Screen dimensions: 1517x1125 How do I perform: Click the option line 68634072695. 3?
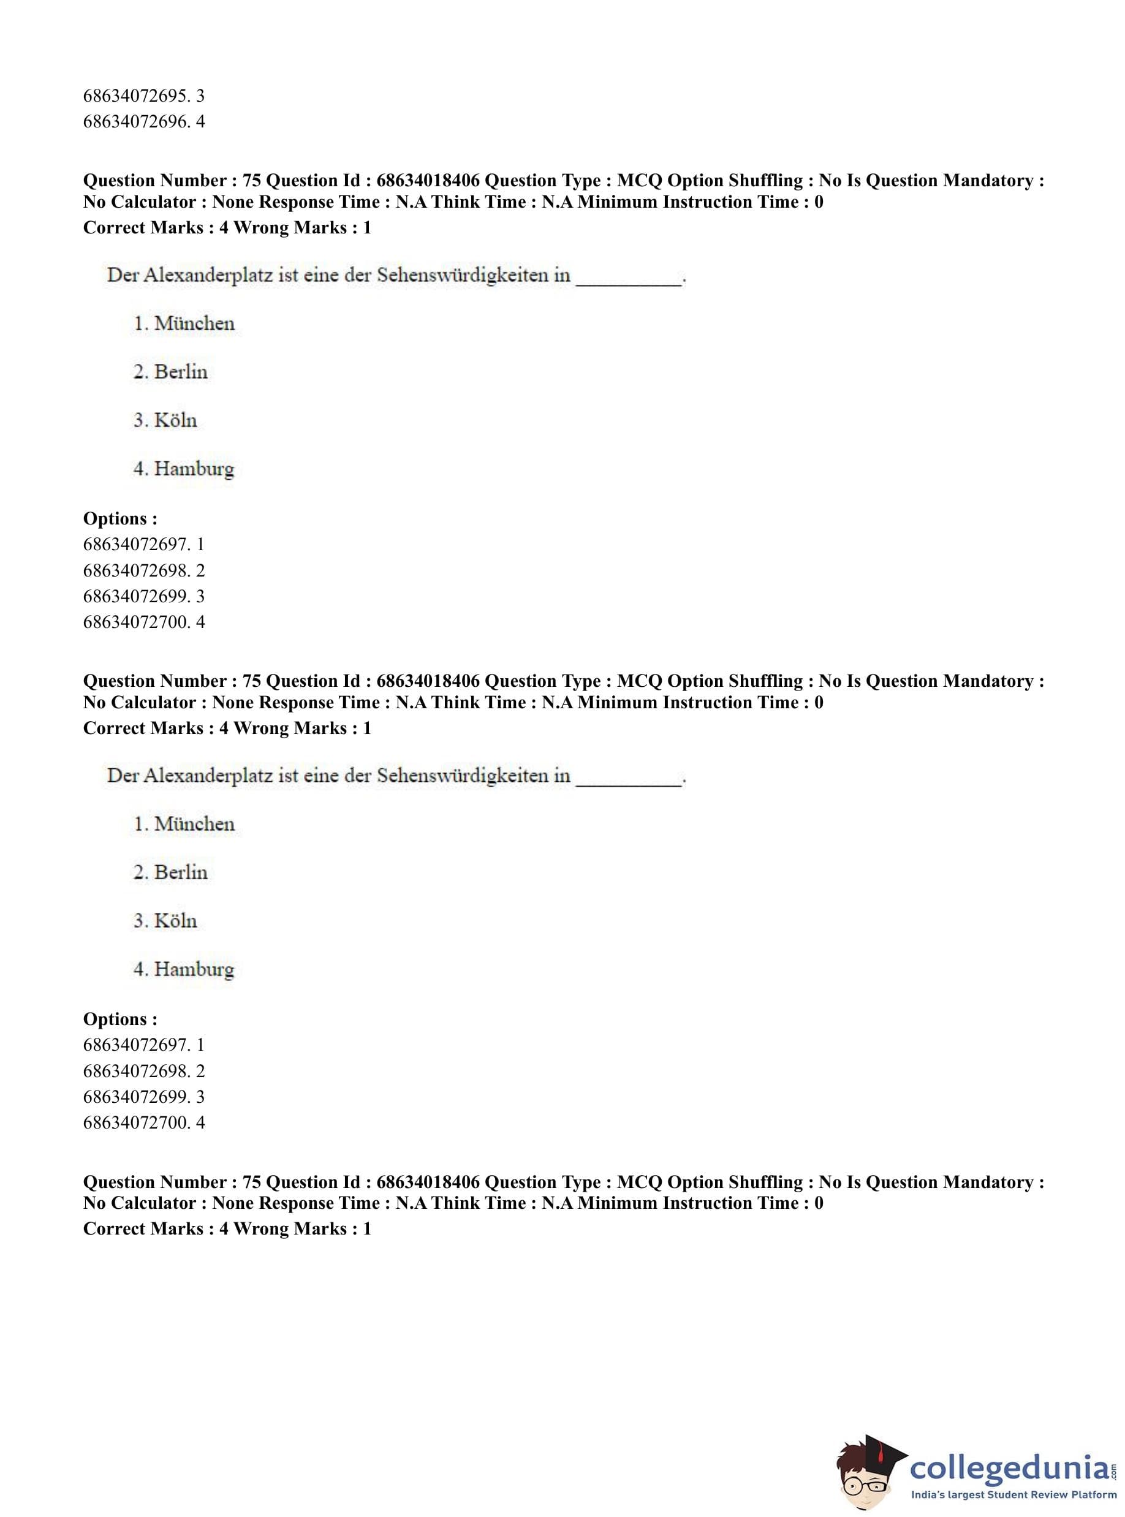point(144,96)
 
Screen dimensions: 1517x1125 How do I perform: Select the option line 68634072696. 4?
point(144,122)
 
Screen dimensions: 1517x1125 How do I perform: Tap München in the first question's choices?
point(194,323)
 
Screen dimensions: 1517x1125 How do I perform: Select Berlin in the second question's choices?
point(181,872)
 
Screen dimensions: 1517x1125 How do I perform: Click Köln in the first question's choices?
point(175,420)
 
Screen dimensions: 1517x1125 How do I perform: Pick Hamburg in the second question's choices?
point(194,969)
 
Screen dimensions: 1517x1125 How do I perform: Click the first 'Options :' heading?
point(120,518)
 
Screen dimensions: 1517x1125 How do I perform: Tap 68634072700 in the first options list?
point(135,622)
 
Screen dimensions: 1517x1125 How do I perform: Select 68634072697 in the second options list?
point(135,1045)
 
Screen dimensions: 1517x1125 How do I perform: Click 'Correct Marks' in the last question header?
point(143,1229)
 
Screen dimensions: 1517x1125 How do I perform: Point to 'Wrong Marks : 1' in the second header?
point(302,728)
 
